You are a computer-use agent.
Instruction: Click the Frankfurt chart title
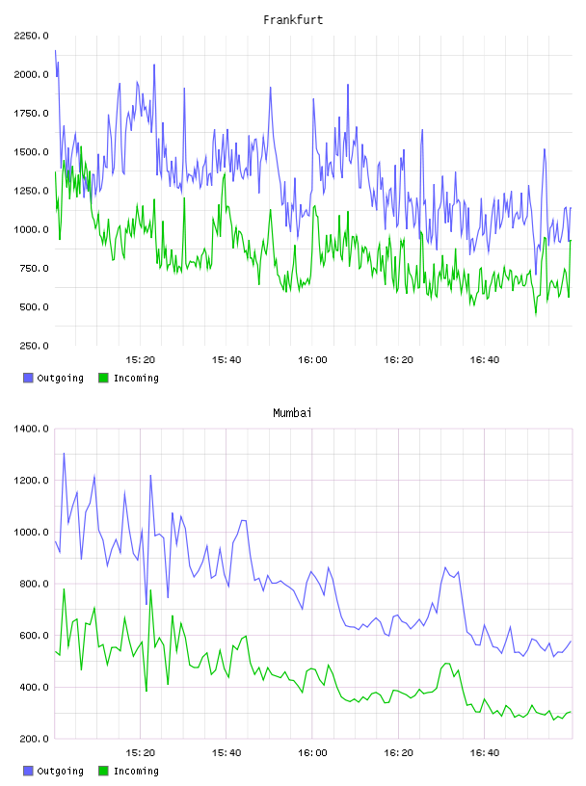tap(293, 20)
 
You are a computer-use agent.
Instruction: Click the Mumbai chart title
tap(292, 413)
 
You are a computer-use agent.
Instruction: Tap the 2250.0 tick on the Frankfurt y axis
tap(31, 36)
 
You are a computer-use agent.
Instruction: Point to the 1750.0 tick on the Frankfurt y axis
tap(31, 114)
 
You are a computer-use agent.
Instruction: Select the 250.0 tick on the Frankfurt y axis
tap(34, 346)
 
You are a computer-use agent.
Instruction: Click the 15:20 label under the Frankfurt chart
tap(141, 360)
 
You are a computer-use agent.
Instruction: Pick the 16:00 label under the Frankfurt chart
tap(312, 360)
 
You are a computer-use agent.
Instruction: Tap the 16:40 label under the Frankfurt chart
tap(485, 360)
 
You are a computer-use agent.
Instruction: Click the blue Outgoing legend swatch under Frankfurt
tap(28, 378)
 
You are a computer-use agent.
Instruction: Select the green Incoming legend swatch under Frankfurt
tap(103, 378)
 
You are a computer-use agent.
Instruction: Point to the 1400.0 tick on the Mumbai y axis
tap(31, 429)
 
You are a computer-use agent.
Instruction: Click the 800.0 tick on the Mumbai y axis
tap(34, 584)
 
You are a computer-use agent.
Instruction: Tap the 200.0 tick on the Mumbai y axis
tap(34, 739)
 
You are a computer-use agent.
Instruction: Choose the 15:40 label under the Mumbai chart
tap(226, 753)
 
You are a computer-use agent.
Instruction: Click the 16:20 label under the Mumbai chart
tap(398, 753)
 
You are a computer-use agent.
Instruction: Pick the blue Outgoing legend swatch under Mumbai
tap(28, 771)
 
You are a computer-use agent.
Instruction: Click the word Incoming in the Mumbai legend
tap(136, 772)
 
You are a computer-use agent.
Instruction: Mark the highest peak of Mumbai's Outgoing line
tap(64, 453)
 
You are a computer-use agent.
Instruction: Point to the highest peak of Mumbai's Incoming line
tap(64, 589)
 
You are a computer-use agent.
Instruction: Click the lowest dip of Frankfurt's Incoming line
tap(536, 315)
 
